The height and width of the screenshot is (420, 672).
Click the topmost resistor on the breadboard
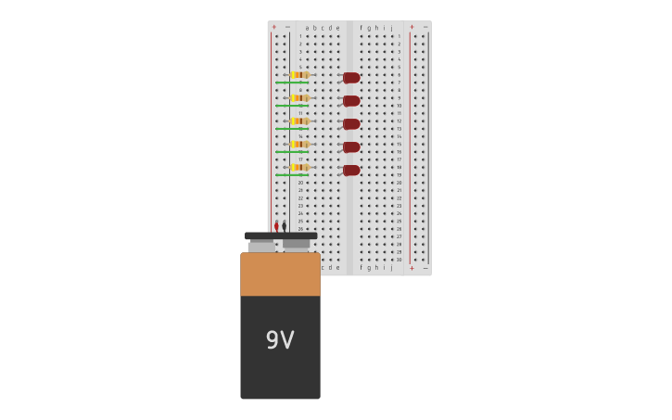299,75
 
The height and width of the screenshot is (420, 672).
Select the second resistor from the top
299,98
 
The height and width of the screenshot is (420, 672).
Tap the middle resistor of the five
299,121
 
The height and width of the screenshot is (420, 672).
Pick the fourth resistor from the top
299,145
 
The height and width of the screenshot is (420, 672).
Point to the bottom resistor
299,168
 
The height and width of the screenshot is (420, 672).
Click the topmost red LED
351,78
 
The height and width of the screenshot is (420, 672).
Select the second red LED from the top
351,101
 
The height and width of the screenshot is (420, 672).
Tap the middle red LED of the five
351,124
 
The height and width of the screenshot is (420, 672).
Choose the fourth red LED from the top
351,147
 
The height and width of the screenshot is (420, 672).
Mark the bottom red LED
351,171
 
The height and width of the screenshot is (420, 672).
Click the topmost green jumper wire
291,83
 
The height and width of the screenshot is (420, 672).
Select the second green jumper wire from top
291,106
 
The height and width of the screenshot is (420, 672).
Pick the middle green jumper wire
291,129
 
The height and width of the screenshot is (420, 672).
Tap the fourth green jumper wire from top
291,152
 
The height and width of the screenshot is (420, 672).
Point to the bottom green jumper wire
291,175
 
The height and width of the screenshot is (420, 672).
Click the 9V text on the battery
280,340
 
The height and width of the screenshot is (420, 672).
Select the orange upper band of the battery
280,274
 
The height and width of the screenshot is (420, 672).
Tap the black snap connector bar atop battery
281,236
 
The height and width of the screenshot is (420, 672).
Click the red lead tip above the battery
276,226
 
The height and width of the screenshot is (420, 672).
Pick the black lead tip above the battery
284,226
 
